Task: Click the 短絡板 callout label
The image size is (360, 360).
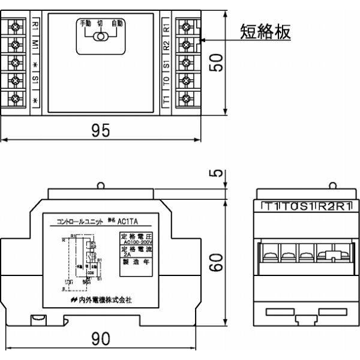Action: pyautogui.click(x=265, y=31)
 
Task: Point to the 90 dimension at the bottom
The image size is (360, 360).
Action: pyautogui.click(x=101, y=339)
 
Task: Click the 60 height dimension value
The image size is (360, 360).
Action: pyautogui.click(x=220, y=262)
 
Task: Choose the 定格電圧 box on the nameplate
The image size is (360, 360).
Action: pyautogui.click(x=137, y=238)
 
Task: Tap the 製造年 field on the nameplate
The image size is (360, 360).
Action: pyautogui.click(x=136, y=262)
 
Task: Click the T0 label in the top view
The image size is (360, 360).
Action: pyautogui.click(x=166, y=79)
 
